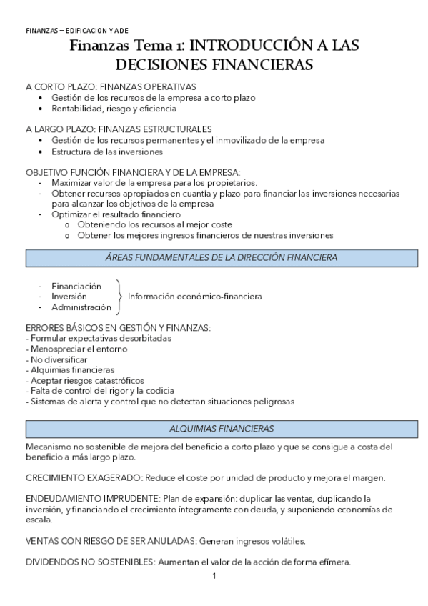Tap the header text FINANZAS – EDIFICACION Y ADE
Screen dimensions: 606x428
coord(77,31)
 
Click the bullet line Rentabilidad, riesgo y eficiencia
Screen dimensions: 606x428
coord(114,109)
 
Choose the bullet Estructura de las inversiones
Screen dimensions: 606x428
coord(107,151)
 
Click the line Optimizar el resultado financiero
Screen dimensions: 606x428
coord(116,214)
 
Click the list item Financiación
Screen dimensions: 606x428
coord(76,286)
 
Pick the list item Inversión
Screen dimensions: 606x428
coord(69,296)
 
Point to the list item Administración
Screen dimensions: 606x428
coord(81,307)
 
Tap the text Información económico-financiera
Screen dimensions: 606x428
coord(194,296)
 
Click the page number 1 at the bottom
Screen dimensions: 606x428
coord(214,575)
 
